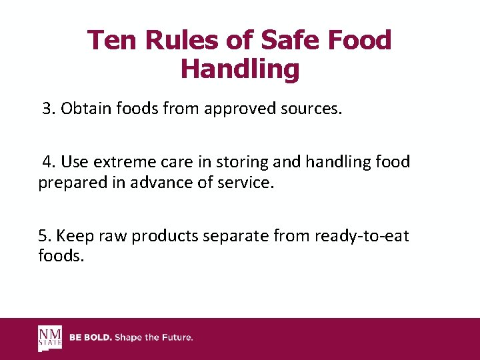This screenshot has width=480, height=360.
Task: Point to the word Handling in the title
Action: (x=240, y=69)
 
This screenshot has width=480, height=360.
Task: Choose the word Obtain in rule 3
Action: (x=83, y=109)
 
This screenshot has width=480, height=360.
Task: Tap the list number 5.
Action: (x=45, y=235)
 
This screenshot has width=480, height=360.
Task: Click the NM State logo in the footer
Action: (x=50, y=338)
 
